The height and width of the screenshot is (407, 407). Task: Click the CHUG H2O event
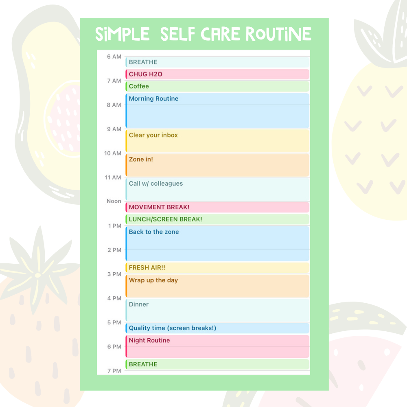pyautogui.click(x=217, y=74)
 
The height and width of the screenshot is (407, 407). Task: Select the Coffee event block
pyautogui.click(x=217, y=86)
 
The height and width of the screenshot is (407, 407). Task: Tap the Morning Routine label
pyautogui.click(x=153, y=98)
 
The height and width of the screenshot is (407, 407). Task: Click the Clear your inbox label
pyautogui.click(x=153, y=135)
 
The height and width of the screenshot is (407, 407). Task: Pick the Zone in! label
pyautogui.click(x=141, y=160)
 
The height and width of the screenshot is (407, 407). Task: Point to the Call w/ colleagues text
pyautogui.click(x=156, y=184)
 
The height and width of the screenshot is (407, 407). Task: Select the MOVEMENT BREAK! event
pyautogui.click(x=217, y=207)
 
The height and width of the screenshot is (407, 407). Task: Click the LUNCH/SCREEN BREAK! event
pyautogui.click(x=217, y=219)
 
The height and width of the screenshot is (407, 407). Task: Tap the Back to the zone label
pyautogui.click(x=154, y=232)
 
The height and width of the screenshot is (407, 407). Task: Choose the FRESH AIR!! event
pyautogui.click(x=217, y=268)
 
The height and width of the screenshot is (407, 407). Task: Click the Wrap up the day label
pyautogui.click(x=153, y=280)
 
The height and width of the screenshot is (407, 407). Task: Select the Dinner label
pyautogui.click(x=139, y=304)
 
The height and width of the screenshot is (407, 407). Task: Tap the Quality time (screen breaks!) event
pyautogui.click(x=217, y=328)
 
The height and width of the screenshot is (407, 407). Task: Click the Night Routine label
pyautogui.click(x=149, y=340)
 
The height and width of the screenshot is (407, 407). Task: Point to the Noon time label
pyautogui.click(x=114, y=201)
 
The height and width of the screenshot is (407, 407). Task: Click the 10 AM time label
pyautogui.click(x=113, y=153)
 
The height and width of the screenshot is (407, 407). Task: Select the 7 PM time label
pyautogui.click(x=114, y=371)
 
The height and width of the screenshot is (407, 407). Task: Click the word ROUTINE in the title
pyautogui.click(x=278, y=34)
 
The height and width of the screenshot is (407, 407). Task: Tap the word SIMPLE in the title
pyautogui.click(x=123, y=34)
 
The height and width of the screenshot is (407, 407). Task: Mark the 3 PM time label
pyautogui.click(x=114, y=274)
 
